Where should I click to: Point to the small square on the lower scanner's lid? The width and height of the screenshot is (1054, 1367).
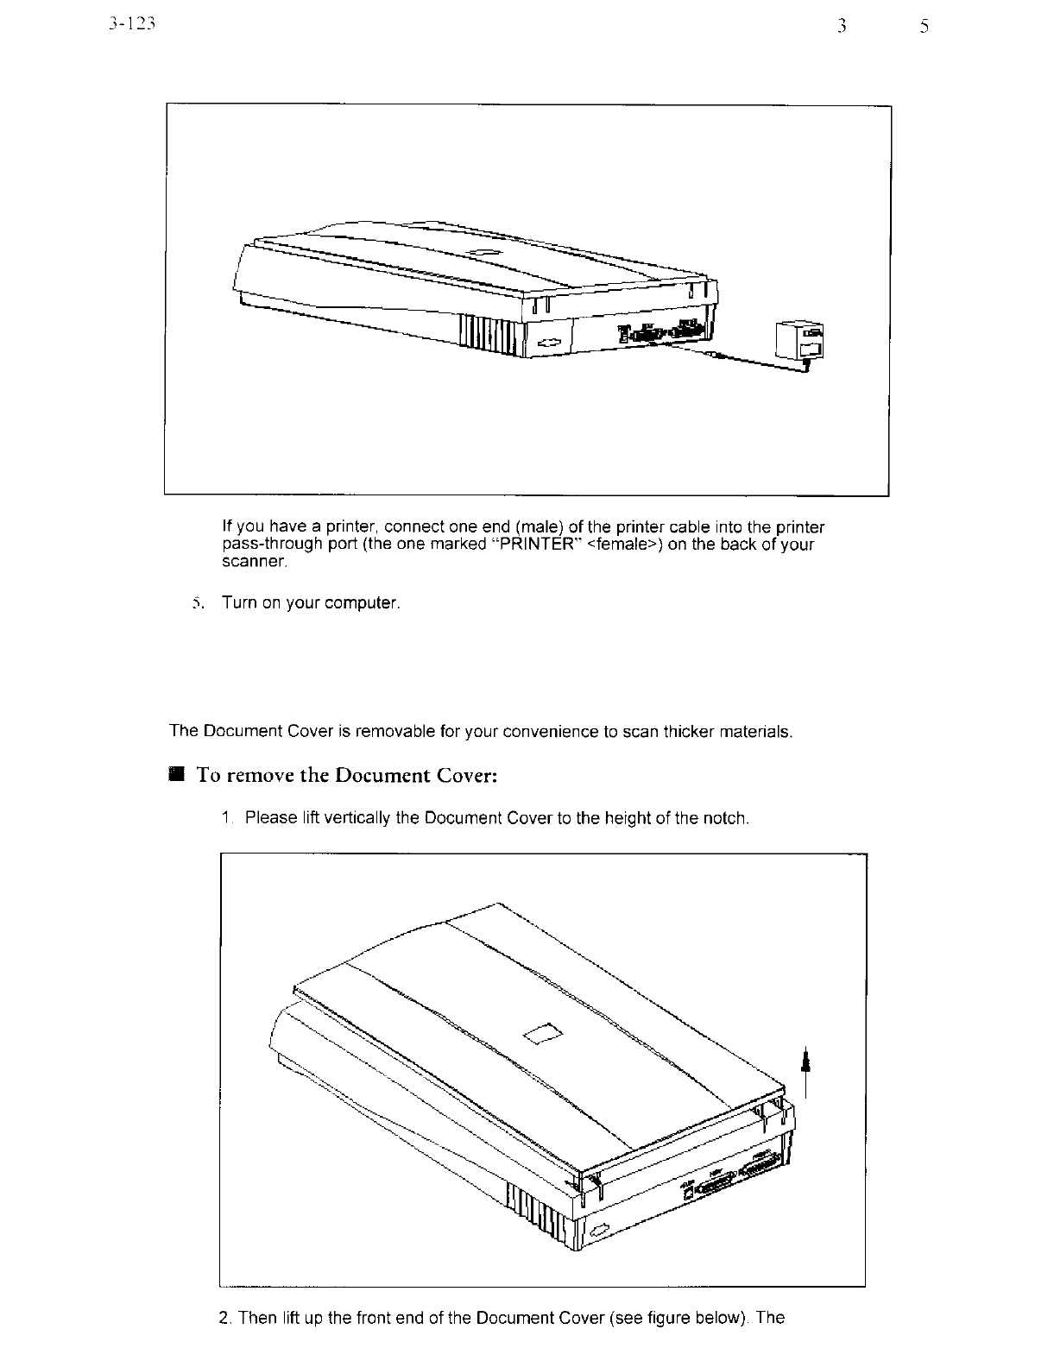[544, 1033]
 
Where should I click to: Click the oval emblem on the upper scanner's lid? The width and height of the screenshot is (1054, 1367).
[481, 252]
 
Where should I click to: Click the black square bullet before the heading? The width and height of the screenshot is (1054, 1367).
[177, 774]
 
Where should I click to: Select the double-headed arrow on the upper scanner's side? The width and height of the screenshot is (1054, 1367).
[548, 342]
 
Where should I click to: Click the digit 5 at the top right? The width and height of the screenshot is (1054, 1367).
[924, 27]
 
